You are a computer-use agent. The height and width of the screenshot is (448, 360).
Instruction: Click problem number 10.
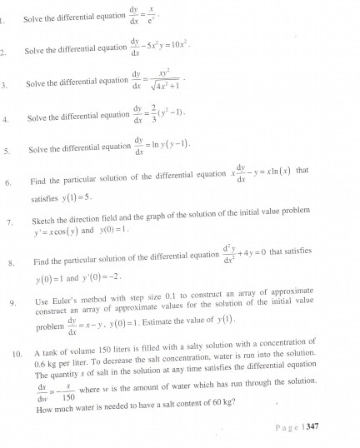pyautogui.click(x=17, y=341)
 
